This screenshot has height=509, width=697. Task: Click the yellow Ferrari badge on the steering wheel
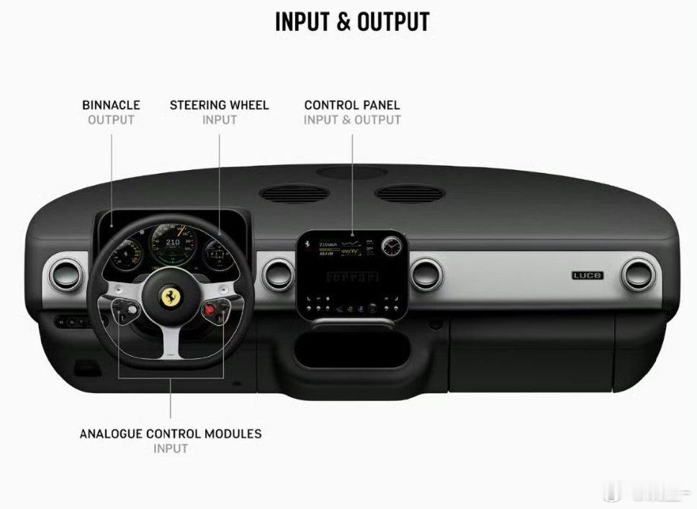(171, 298)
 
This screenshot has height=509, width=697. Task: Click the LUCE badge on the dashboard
(588, 275)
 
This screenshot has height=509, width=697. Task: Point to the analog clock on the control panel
(392, 246)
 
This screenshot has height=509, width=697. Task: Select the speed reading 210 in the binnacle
(173, 243)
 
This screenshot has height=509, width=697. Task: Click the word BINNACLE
(111, 105)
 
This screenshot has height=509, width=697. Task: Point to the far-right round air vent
(639, 275)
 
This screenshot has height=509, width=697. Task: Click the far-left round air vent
(66, 275)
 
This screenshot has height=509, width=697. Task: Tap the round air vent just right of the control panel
(426, 275)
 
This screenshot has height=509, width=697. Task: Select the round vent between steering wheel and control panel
(278, 275)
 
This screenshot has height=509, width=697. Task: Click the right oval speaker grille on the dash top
(409, 193)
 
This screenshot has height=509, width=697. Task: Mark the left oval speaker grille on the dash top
(294, 193)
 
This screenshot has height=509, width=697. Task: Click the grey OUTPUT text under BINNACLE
(111, 120)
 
